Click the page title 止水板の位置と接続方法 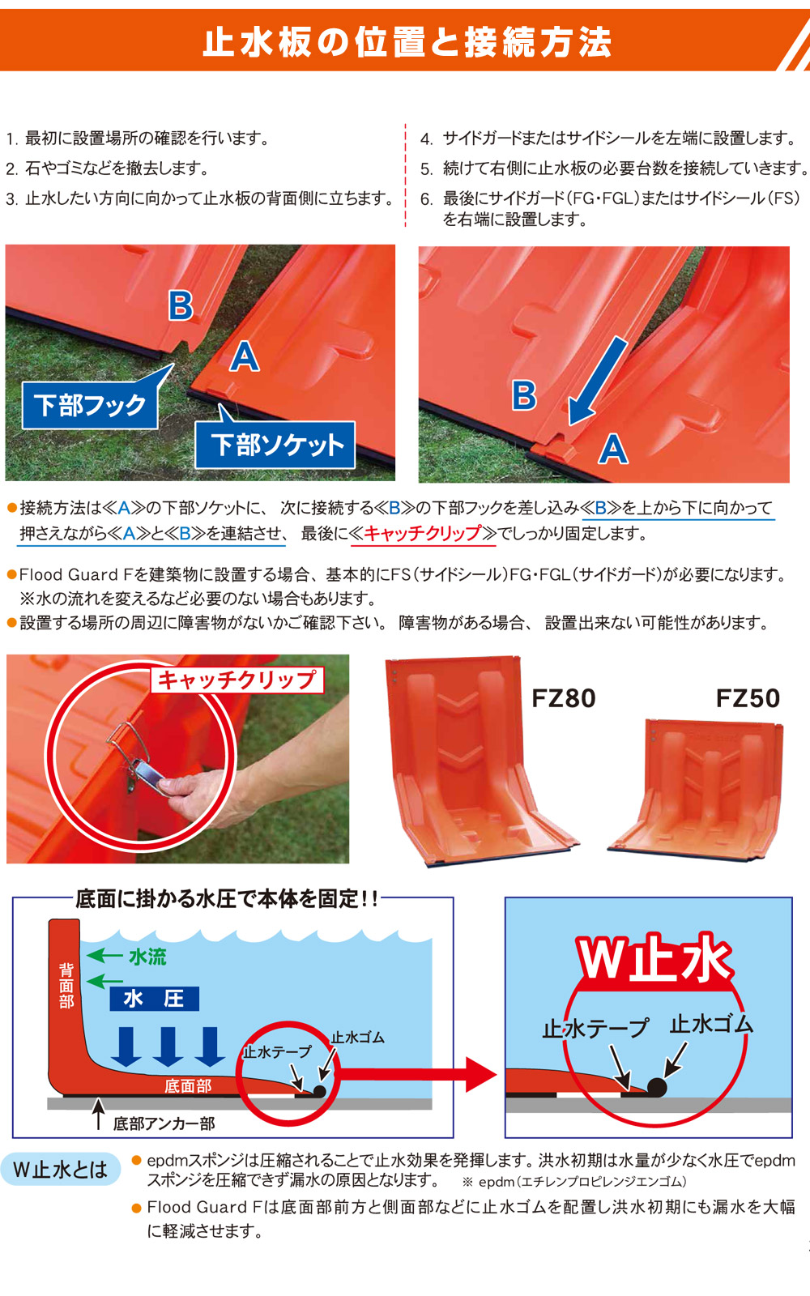(x=407, y=42)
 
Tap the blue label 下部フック (x=90, y=405)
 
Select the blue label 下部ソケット (x=275, y=445)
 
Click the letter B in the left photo (x=181, y=305)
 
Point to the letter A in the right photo (x=613, y=450)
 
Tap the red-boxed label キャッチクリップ (x=237, y=680)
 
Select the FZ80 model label (x=564, y=698)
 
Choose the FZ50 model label (x=748, y=698)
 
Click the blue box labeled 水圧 (x=155, y=999)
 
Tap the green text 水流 (x=147, y=957)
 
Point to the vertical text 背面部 (x=66, y=985)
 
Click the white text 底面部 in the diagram (x=188, y=1086)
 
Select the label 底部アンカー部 (x=164, y=1123)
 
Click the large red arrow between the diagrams (x=416, y=1074)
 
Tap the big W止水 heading (x=654, y=959)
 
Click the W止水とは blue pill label (x=61, y=1170)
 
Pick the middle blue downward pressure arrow (x=168, y=1047)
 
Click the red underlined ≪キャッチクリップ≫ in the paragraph (x=424, y=533)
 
